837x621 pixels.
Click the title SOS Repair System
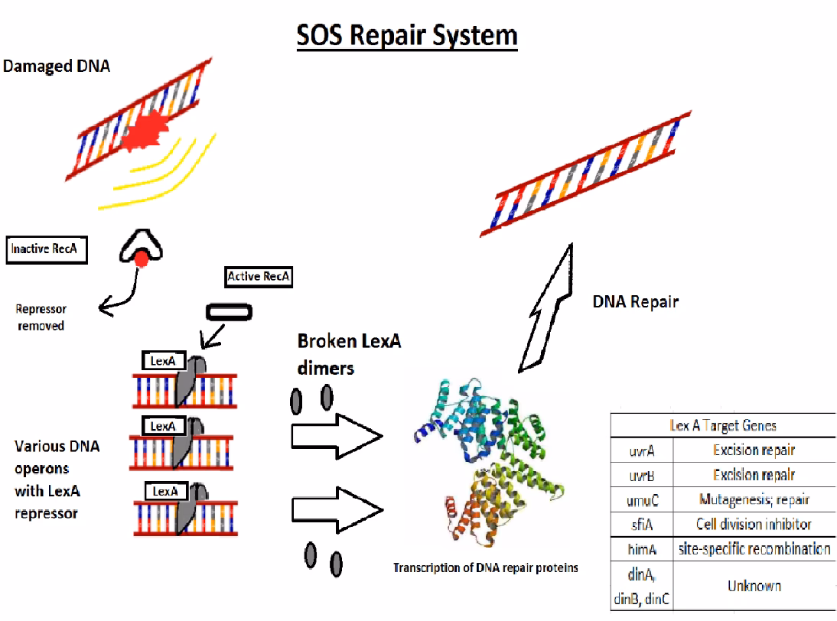(407, 34)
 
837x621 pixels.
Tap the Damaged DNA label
(57, 67)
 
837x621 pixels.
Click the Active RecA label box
(259, 276)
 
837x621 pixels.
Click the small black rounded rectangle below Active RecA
(227, 310)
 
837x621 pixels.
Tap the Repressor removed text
(41, 317)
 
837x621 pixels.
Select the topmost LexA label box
(163, 360)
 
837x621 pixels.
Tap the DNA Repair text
(635, 302)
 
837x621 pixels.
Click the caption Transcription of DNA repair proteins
(485, 567)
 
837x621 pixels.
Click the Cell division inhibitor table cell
(754, 525)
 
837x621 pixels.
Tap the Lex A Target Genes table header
(722, 425)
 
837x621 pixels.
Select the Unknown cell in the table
(754, 586)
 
